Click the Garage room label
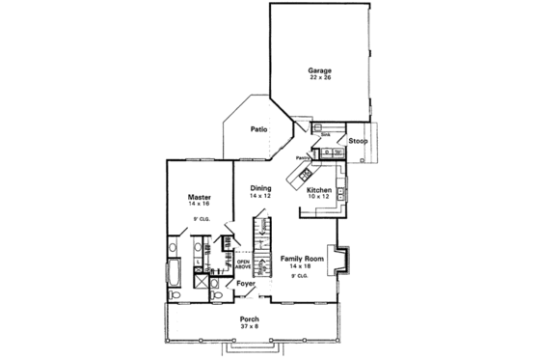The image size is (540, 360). point(319,70)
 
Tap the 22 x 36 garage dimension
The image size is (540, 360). point(319,78)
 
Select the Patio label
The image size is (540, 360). point(258,128)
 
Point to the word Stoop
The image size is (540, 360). point(358,141)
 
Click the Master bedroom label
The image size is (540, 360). point(200,197)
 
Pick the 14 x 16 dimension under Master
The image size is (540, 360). point(200,205)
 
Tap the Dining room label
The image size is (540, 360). point(260,187)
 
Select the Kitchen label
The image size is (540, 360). point(319,190)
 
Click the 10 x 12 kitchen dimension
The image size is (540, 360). point(319,197)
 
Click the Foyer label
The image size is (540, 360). point(245,284)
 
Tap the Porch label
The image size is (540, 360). point(250,319)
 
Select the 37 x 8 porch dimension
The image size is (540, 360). point(250,327)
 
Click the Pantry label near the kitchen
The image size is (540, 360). point(303,155)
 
